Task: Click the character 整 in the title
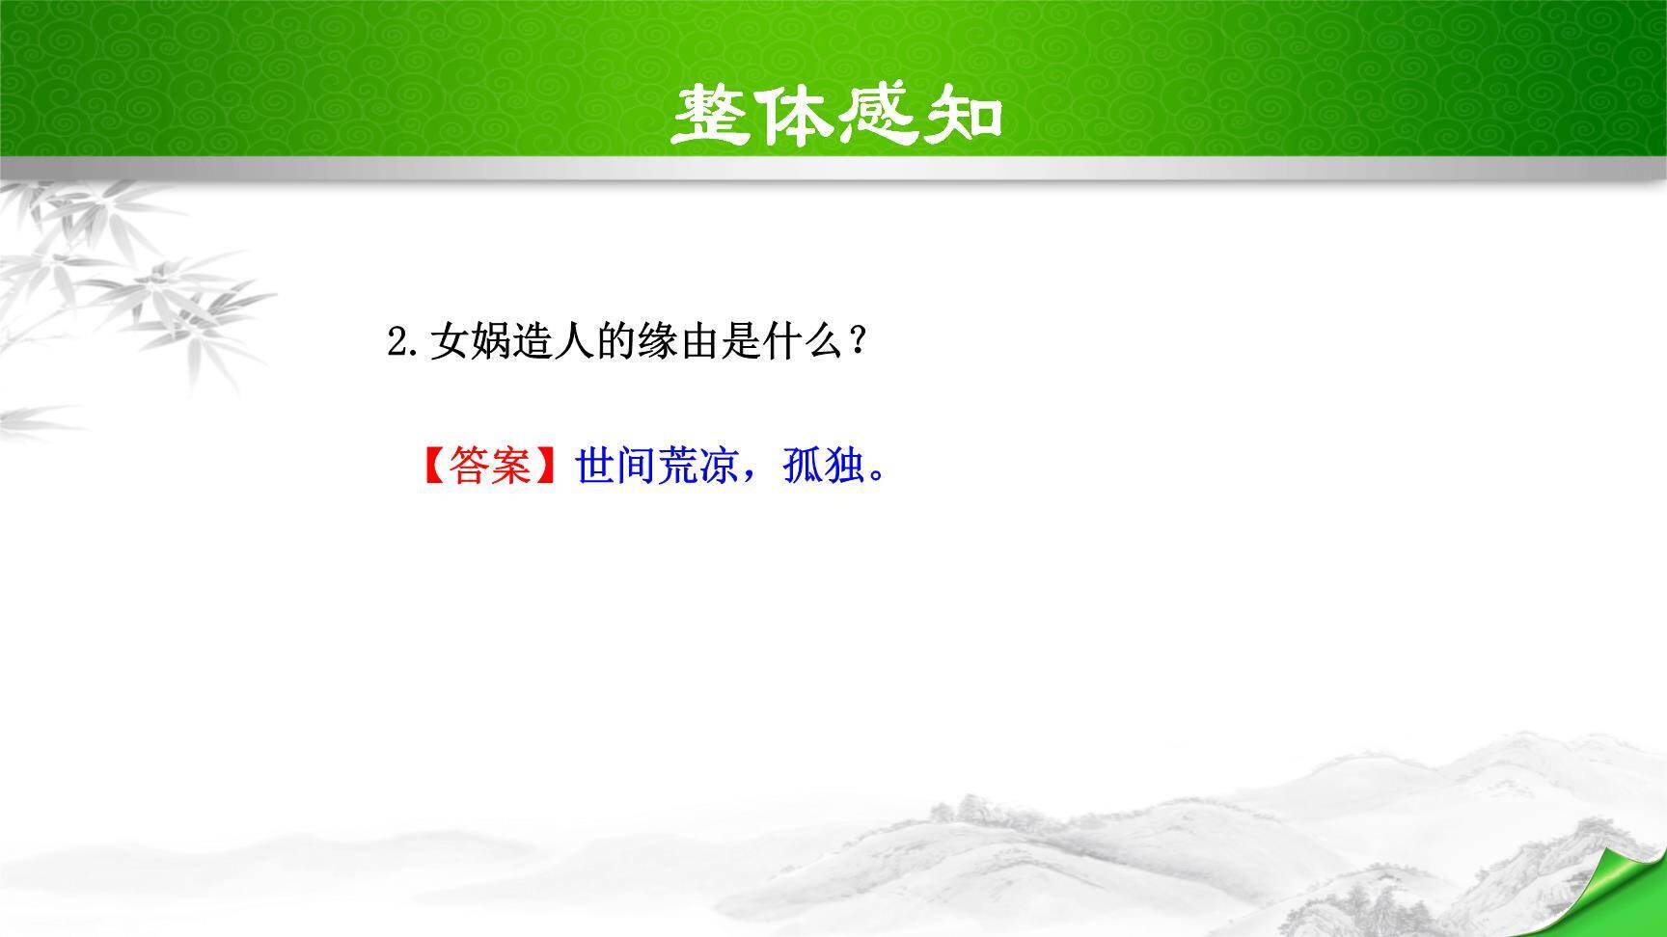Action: click(x=713, y=117)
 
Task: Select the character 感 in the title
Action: click(x=878, y=117)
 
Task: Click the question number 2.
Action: click(x=396, y=342)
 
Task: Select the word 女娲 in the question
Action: click(x=471, y=341)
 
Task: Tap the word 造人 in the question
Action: click(x=554, y=341)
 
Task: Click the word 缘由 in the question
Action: click(x=680, y=341)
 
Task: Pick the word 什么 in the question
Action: click(x=806, y=341)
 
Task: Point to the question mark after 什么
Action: click(x=855, y=341)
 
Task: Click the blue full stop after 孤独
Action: click(x=876, y=475)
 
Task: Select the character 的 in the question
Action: click(x=616, y=341)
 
